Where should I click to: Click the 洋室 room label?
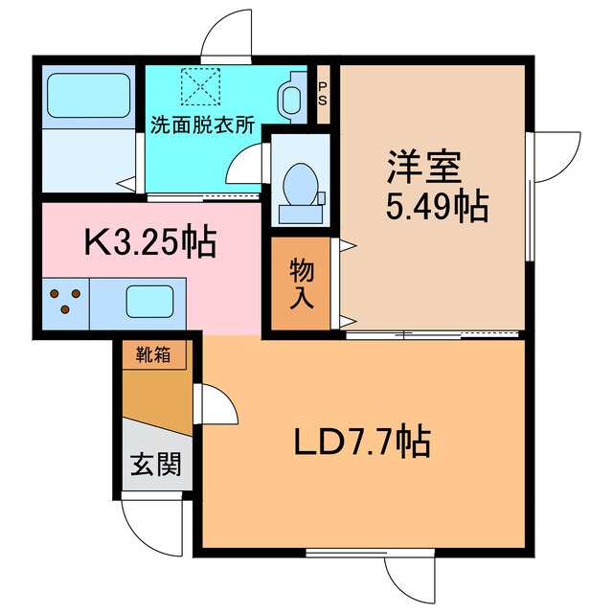[x=424, y=169]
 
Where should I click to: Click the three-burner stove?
[x=65, y=301]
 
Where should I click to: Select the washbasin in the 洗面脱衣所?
[x=288, y=94]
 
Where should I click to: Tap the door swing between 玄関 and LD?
[x=216, y=407]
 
